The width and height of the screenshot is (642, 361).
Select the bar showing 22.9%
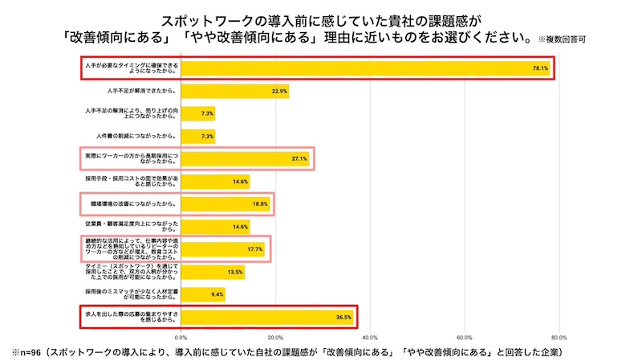click(x=234, y=91)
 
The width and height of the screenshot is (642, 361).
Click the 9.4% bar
click(x=203, y=295)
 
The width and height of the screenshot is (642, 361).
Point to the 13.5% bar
click(x=213, y=273)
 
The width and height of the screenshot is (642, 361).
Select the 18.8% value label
click(x=260, y=204)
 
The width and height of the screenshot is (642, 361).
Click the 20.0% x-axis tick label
click(x=276, y=338)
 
